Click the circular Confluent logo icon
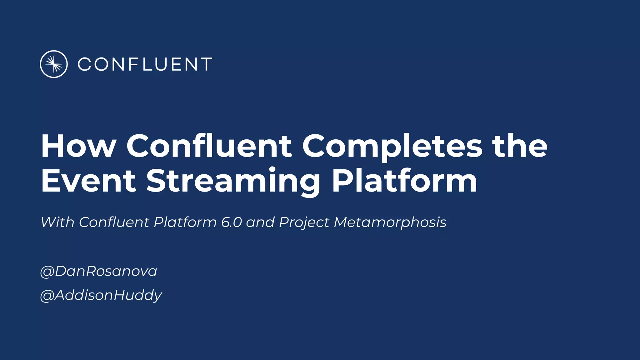[54, 64]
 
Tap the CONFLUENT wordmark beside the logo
[145, 64]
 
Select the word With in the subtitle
[57, 222]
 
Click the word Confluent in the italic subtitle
[114, 222]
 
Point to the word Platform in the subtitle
[185, 222]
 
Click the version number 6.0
[231, 222]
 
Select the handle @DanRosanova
[98, 271]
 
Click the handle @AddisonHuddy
[101, 295]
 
